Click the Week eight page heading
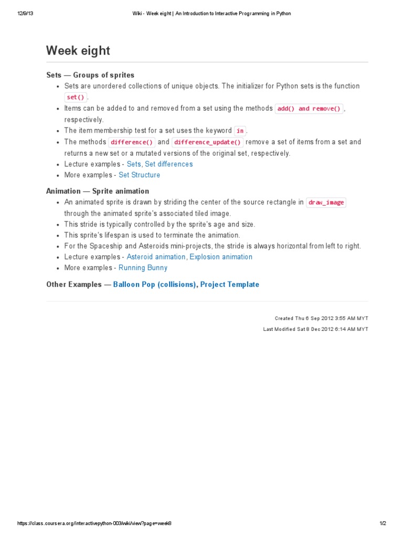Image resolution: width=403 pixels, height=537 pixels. (78, 51)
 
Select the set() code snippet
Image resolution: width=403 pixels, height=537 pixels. (76, 97)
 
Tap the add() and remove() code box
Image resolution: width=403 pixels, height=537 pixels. (309, 109)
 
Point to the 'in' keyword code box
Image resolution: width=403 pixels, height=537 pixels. (240, 131)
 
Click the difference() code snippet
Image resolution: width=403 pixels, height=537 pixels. (132, 142)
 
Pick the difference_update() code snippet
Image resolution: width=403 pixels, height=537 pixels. (208, 142)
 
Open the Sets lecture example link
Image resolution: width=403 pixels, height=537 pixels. (134, 164)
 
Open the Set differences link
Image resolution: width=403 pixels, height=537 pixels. (168, 164)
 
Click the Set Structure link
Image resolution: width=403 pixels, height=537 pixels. (139, 175)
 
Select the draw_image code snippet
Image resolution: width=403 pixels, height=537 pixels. (326, 202)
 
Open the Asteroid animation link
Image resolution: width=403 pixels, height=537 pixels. (156, 257)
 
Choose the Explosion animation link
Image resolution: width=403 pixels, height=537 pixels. (221, 257)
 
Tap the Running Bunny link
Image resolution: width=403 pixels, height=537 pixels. (143, 268)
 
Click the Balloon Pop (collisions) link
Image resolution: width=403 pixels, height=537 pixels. (155, 285)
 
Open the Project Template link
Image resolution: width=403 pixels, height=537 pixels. (229, 285)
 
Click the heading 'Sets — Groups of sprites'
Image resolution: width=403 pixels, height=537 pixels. (90, 75)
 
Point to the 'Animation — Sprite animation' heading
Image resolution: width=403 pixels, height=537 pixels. (98, 191)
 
